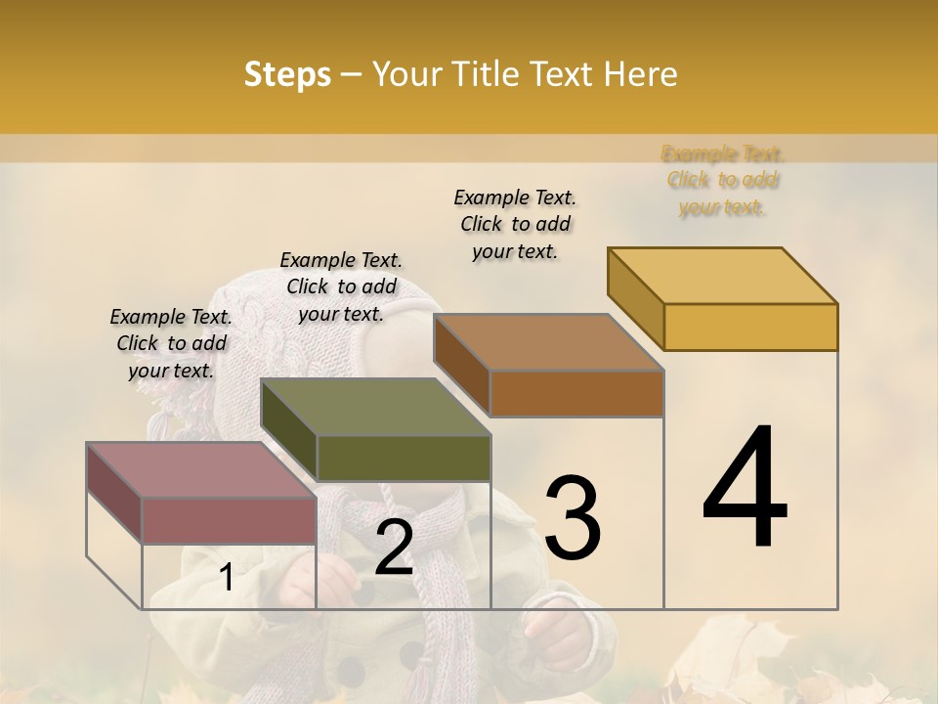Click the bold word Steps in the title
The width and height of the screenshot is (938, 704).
click(287, 74)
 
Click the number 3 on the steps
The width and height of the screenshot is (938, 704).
click(572, 517)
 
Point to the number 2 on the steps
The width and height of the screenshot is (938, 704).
click(394, 547)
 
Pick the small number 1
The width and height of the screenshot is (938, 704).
click(226, 578)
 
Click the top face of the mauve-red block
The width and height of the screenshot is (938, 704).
click(201, 470)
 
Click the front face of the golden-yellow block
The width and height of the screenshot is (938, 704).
click(750, 327)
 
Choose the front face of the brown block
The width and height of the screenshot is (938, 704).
click(576, 393)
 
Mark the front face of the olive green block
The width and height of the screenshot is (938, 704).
click(404, 459)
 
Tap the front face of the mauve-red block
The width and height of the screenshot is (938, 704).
click(230, 520)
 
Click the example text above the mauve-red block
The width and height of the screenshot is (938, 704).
click(171, 343)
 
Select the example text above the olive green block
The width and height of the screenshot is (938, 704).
click(341, 286)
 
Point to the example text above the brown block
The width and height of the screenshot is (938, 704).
click(515, 224)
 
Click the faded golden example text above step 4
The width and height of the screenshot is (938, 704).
click(722, 180)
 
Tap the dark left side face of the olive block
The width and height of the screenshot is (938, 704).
click(289, 429)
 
